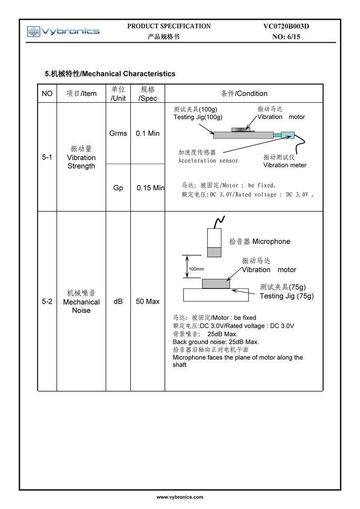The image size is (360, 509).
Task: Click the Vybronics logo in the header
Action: (x=63, y=31)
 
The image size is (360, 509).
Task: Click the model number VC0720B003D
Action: (x=286, y=26)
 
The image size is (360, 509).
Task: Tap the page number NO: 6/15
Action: (x=286, y=37)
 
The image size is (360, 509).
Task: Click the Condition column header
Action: (x=244, y=93)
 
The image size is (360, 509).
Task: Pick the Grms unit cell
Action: (x=118, y=133)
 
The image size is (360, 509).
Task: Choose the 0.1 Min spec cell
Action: (x=148, y=133)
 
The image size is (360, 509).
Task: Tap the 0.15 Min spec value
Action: (x=151, y=188)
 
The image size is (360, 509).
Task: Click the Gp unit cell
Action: (x=118, y=188)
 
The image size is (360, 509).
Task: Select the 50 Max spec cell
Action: (x=148, y=301)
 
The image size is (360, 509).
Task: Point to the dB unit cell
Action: (x=118, y=301)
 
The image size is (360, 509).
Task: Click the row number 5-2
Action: (x=47, y=301)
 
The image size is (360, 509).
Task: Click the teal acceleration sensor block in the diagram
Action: (x=288, y=135)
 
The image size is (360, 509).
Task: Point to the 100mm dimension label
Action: (x=196, y=269)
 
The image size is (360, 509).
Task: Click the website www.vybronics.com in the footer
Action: (x=180, y=497)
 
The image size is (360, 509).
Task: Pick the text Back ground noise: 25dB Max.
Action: (x=216, y=342)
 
